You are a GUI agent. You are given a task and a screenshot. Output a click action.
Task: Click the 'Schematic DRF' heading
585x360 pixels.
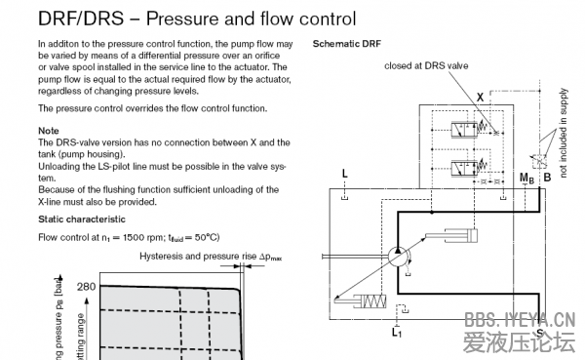[x=346, y=44]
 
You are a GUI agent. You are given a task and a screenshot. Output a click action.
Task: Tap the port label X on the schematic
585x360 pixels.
[x=480, y=98]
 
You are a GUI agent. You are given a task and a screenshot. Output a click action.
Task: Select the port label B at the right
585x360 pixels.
[x=547, y=178]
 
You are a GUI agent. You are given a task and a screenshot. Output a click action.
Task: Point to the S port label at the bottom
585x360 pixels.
[x=540, y=333]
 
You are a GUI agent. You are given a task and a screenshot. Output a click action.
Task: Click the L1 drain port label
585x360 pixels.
[x=397, y=332]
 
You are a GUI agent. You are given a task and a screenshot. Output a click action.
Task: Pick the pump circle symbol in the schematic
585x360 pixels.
[x=399, y=257]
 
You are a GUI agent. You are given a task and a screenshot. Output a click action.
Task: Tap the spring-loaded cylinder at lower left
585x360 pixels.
[x=361, y=300]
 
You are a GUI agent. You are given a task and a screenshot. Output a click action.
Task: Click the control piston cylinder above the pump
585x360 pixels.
[x=451, y=236]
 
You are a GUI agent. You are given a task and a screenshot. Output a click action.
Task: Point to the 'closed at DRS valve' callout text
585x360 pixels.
[x=426, y=65]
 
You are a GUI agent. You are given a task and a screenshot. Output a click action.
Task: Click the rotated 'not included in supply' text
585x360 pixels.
[x=563, y=133]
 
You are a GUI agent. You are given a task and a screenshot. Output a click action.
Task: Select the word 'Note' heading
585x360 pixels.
[x=49, y=131]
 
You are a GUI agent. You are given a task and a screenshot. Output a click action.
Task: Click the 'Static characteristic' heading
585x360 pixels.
[x=82, y=220]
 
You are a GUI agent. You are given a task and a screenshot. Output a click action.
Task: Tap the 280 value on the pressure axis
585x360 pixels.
[x=87, y=287]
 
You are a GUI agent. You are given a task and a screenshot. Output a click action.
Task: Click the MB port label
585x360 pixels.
[x=527, y=179]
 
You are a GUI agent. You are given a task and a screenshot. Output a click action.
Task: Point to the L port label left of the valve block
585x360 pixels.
[x=345, y=174]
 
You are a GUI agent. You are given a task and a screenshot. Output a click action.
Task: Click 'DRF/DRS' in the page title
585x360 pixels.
[x=81, y=19]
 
